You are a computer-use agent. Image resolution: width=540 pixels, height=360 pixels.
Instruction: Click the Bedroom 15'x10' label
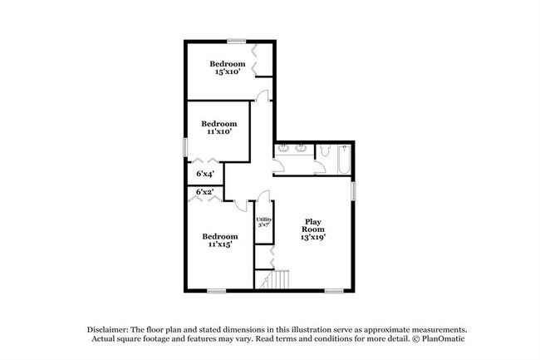(x=227, y=68)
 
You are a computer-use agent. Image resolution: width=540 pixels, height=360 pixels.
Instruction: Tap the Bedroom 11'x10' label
(x=218, y=126)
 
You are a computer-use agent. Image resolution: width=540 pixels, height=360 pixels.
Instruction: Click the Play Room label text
(x=312, y=229)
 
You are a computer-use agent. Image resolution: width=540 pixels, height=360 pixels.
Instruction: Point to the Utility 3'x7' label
(x=263, y=222)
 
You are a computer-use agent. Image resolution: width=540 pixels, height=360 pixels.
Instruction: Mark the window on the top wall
(x=238, y=41)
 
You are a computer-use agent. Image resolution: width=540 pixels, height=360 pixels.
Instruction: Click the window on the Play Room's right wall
(x=354, y=190)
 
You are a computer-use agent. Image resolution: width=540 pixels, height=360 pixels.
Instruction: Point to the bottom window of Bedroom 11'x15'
(x=216, y=290)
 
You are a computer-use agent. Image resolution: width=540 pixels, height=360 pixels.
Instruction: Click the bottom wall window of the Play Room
(x=334, y=290)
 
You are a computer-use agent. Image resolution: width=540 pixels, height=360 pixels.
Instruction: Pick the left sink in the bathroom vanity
(x=284, y=150)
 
